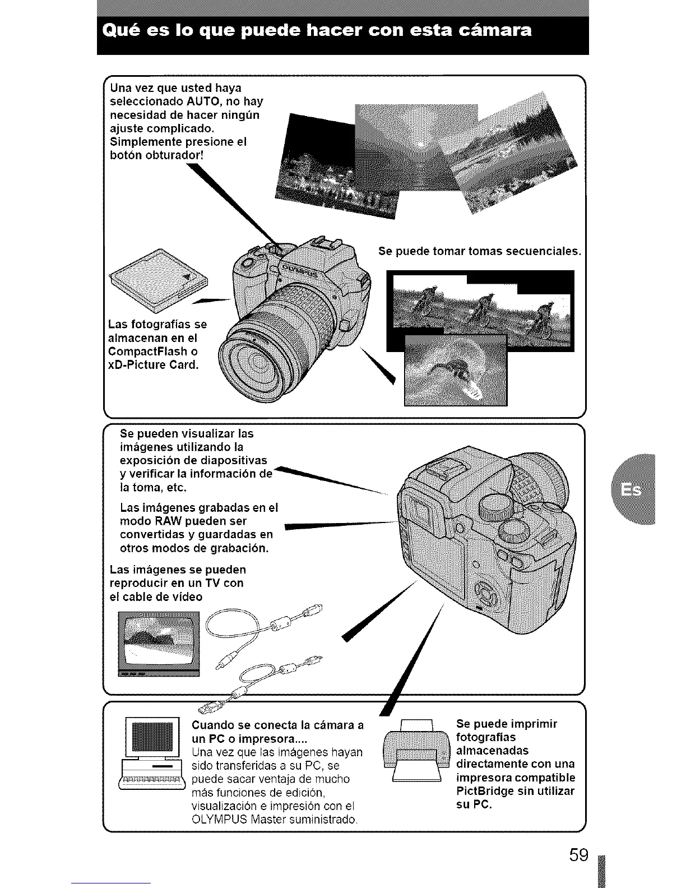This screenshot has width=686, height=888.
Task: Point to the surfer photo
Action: tap(455, 370)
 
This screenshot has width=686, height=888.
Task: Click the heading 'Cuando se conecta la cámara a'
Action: tap(277, 724)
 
